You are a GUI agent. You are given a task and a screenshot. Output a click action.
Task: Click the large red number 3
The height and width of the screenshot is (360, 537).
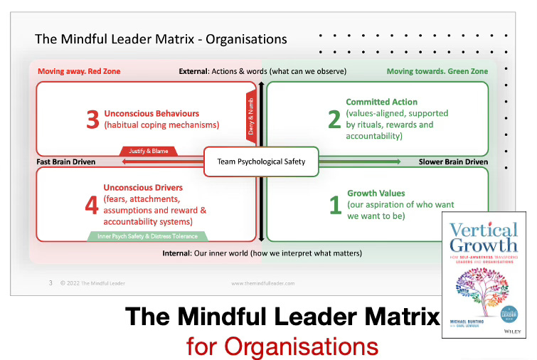tap(92, 119)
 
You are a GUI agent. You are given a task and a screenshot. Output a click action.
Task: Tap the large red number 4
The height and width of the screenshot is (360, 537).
tap(92, 206)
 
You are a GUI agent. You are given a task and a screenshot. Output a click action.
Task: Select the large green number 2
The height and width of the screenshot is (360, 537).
tap(334, 119)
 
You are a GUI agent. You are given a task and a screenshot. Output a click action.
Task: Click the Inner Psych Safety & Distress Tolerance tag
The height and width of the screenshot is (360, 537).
tap(147, 236)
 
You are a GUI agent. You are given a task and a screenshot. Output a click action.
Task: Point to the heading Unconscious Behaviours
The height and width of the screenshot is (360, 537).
tap(151, 114)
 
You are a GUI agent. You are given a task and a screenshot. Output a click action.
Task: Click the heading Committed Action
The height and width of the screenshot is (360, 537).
tap(382, 102)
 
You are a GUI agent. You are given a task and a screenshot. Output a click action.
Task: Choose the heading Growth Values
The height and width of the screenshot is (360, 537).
tap(376, 194)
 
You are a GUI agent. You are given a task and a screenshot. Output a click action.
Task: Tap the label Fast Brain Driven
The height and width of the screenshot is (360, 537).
tap(65, 162)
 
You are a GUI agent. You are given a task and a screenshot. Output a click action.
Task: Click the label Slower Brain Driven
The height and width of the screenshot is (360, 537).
tap(453, 162)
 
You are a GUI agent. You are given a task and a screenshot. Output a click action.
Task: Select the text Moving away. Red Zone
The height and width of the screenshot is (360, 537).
tap(75, 71)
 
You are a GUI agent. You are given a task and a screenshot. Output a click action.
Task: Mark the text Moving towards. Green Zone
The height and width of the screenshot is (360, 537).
tap(437, 71)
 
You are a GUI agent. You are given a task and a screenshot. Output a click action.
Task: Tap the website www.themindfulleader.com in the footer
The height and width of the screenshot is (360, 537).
tap(262, 283)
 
